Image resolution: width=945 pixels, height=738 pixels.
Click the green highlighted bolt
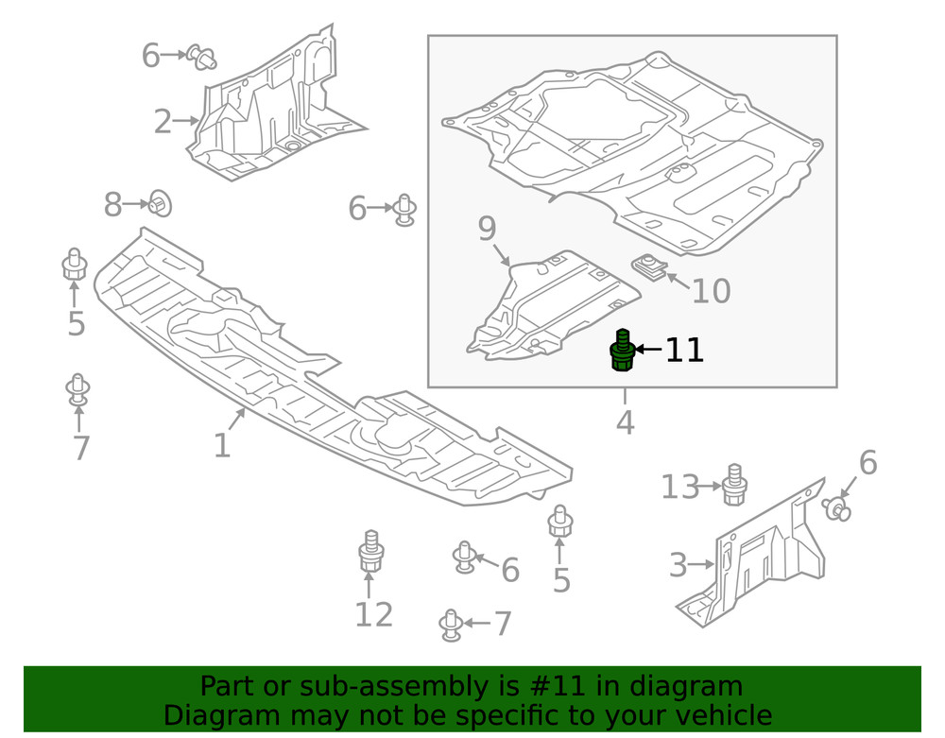click(621, 351)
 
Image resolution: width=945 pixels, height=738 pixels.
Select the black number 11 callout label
click(684, 351)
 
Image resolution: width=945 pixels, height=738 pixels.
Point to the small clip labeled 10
click(648, 266)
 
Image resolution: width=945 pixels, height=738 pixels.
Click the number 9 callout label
click(487, 228)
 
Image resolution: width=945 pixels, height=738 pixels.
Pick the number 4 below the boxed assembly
click(625, 422)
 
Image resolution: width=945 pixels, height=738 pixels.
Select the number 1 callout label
click(221, 445)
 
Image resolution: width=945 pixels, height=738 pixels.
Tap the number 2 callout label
click(163, 122)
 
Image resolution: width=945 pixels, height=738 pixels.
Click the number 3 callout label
click(678, 566)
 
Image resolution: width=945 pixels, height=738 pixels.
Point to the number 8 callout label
click(113, 204)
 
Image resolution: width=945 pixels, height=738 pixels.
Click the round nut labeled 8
click(159, 203)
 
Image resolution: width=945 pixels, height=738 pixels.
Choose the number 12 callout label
click(373, 615)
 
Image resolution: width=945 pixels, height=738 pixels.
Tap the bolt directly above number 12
click(370, 551)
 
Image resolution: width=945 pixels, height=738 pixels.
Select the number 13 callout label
click(679, 488)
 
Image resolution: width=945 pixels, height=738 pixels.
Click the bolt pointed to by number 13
click(734, 484)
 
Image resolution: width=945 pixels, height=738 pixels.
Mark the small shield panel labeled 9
click(548, 307)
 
